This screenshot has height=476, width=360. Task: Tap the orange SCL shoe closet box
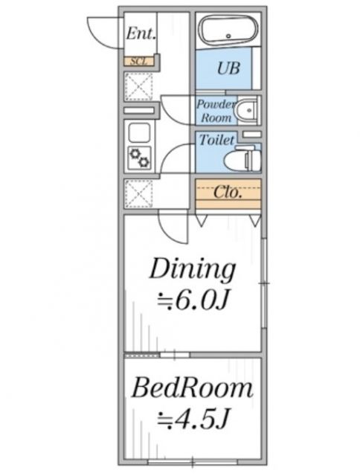139,61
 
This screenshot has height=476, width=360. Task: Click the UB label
228,68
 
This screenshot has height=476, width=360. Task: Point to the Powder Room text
216,111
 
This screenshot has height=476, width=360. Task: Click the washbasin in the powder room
248,109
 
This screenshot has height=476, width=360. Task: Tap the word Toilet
216,140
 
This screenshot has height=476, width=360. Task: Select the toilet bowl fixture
242,159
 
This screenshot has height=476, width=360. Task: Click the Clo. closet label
228,192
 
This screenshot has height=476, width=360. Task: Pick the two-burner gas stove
140,158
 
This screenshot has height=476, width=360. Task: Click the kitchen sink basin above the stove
139,133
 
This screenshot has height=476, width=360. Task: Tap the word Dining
193,269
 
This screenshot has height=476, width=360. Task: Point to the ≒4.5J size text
192,419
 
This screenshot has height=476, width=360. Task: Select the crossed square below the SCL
139,86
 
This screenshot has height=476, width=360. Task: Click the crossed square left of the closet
139,193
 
